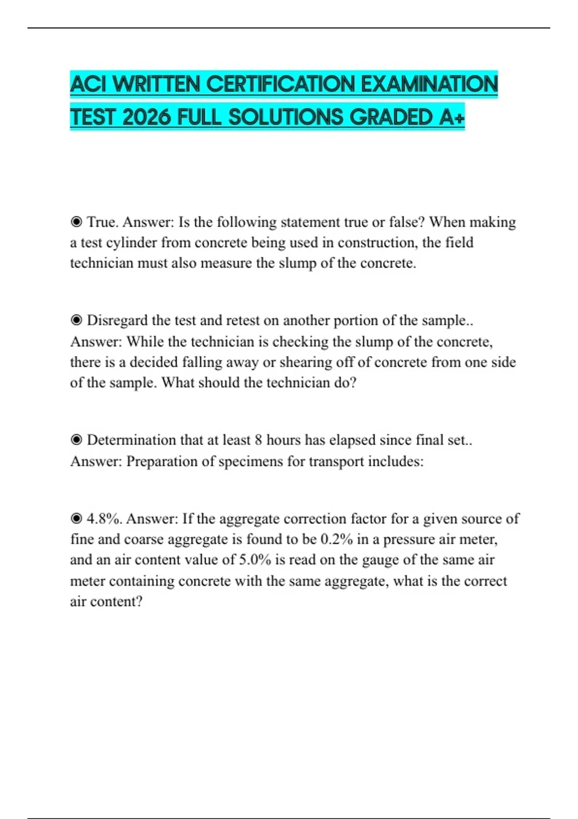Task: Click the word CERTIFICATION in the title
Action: (x=282, y=84)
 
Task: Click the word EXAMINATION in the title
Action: (x=429, y=84)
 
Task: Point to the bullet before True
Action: (x=76, y=222)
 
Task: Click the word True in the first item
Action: (x=102, y=222)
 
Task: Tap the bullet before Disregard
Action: (x=76, y=320)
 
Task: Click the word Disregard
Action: (x=117, y=320)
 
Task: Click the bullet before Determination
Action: (x=76, y=440)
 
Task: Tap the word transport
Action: (x=336, y=462)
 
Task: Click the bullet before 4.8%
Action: (x=76, y=519)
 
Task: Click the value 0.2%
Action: (x=337, y=540)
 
